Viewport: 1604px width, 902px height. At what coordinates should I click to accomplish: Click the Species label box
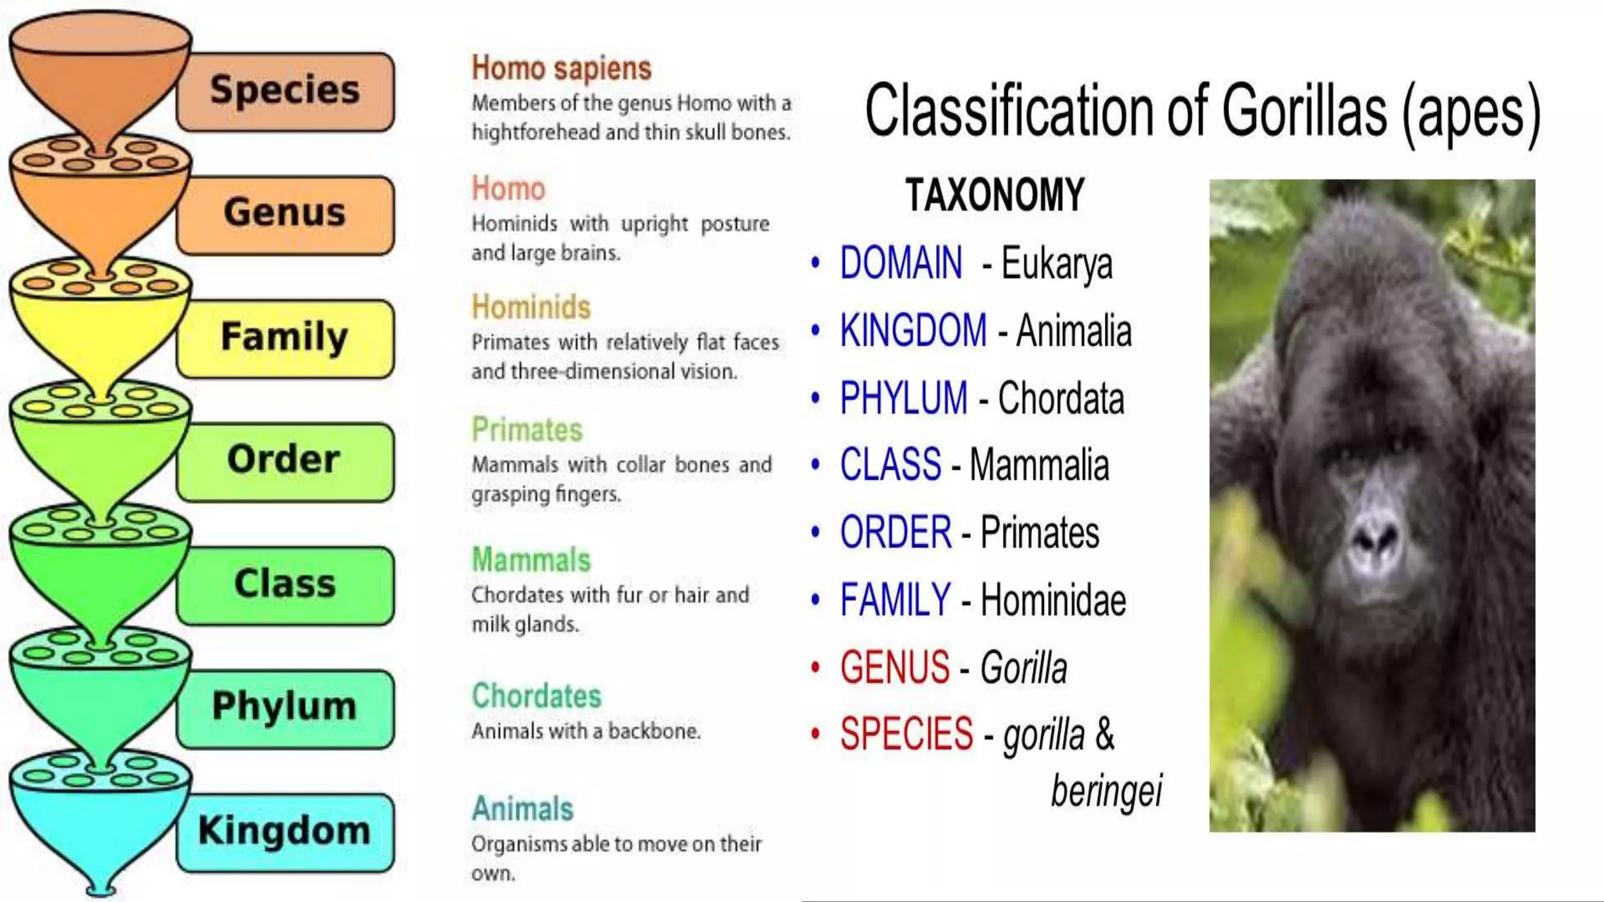pyautogui.click(x=285, y=91)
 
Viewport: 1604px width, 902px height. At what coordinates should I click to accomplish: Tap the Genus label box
pyautogui.click(x=285, y=214)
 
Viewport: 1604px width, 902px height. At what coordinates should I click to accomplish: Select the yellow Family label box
pyautogui.click(x=285, y=338)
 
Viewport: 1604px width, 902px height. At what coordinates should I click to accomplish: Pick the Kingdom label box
pyautogui.click(x=285, y=832)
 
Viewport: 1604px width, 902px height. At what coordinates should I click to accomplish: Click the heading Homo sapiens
pyautogui.click(x=561, y=69)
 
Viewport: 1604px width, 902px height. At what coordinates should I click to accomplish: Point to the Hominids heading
pyautogui.click(x=530, y=308)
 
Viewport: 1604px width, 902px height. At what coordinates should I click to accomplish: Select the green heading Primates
pyautogui.click(x=526, y=430)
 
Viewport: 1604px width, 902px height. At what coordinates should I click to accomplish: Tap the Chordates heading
pyautogui.click(x=536, y=696)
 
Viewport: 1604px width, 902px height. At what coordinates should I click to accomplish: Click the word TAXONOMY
pyautogui.click(x=995, y=195)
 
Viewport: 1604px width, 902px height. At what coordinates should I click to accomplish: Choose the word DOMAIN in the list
pyautogui.click(x=901, y=263)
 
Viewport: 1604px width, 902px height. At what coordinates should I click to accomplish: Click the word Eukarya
pyautogui.click(x=1056, y=264)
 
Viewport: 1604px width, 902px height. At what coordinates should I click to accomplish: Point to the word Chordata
pyautogui.click(x=1060, y=399)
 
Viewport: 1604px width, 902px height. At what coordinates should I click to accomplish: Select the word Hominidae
pyautogui.click(x=1053, y=601)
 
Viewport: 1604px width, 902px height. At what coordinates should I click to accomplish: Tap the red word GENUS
pyautogui.click(x=894, y=668)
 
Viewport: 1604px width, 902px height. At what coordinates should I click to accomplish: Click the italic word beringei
pyautogui.click(x=1106, y=791)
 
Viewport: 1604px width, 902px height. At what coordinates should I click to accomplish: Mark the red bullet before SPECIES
pyautogui.click(x=815, y=734)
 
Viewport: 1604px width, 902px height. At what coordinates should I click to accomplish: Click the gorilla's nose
pyautogui.click(x=1375, y=536)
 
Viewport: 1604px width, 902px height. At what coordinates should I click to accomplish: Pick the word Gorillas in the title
pyautogui.click(x=1304, y=111)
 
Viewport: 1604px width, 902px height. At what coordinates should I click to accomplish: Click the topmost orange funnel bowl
pyautogui.click(x=100, y=74)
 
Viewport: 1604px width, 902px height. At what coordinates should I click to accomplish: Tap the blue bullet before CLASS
pyautogui.click(x=815, y=465)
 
